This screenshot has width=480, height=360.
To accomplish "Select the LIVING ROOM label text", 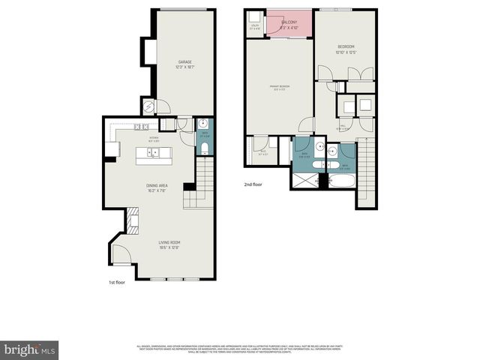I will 169,244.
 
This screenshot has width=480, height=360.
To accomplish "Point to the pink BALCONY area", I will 289,24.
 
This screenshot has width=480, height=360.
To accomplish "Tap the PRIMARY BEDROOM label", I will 280,88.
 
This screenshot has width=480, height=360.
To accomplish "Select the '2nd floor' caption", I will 253,184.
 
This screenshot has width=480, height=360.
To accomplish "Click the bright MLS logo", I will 30,349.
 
